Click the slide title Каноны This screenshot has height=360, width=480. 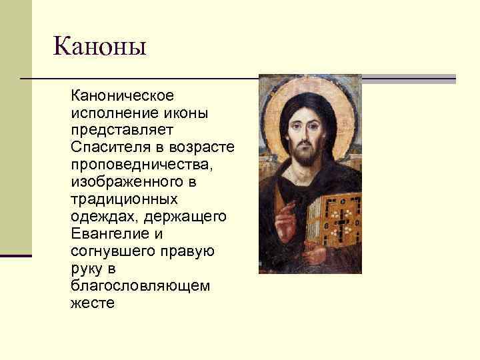(100, 47)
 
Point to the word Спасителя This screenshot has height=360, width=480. (107, 147)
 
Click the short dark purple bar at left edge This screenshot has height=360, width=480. (16, 255)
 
